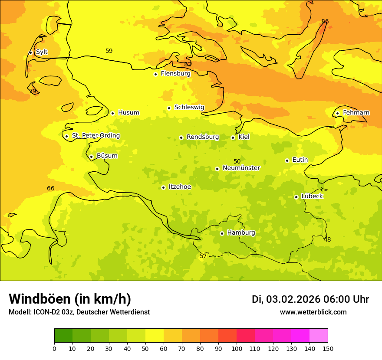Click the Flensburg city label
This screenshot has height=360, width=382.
[x=175, y=74]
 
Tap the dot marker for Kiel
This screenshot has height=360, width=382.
[x=233, y=137]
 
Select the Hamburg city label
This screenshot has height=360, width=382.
[x=241, y=233]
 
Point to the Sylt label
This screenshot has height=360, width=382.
[x=42, y=52]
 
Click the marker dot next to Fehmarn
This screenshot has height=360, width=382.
[x=337, y=113]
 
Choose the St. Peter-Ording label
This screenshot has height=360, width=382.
[x=95, y=136]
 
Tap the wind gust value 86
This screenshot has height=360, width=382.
[x=325, y=21]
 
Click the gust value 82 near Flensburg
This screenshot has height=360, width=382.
[x=188, y=64]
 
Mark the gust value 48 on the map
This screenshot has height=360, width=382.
[x=327, y=239]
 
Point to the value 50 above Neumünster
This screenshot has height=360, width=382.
[x=237, y=161]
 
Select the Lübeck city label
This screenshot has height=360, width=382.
[x=312, y=196]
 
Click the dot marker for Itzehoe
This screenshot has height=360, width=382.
[x=163, y=187]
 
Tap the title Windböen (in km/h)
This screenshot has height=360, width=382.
[x=70, y=299]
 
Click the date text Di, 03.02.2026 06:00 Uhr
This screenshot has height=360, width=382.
[x=310, y=299]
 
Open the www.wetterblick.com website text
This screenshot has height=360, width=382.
[x=313, y=312]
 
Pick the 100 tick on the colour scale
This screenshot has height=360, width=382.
[x=237, y=349]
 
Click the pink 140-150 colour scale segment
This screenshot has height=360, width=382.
[x=319, y=336]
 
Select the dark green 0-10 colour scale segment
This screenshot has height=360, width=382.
[x=63, y=336]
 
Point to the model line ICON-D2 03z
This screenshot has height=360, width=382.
[x=79, y=312]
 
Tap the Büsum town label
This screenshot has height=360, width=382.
[x=107, y=156]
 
